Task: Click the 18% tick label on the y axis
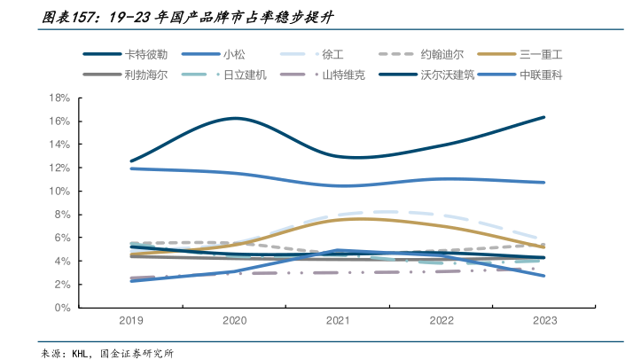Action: coord(59,98)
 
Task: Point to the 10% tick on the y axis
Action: coord(59,191)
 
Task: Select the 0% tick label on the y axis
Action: coord(62,308)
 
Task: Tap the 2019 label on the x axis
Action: coord(132,321)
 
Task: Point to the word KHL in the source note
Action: coord(82,352)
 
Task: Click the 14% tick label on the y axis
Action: coord(59,145)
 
